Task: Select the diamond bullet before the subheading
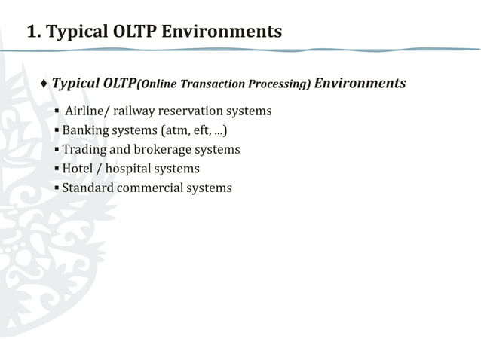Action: click(44, 83)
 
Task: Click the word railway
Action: click(133, 111)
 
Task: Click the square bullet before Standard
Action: click(57, 188)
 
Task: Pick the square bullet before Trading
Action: click(57, 150)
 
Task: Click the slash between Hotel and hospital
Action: click(99, 169)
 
